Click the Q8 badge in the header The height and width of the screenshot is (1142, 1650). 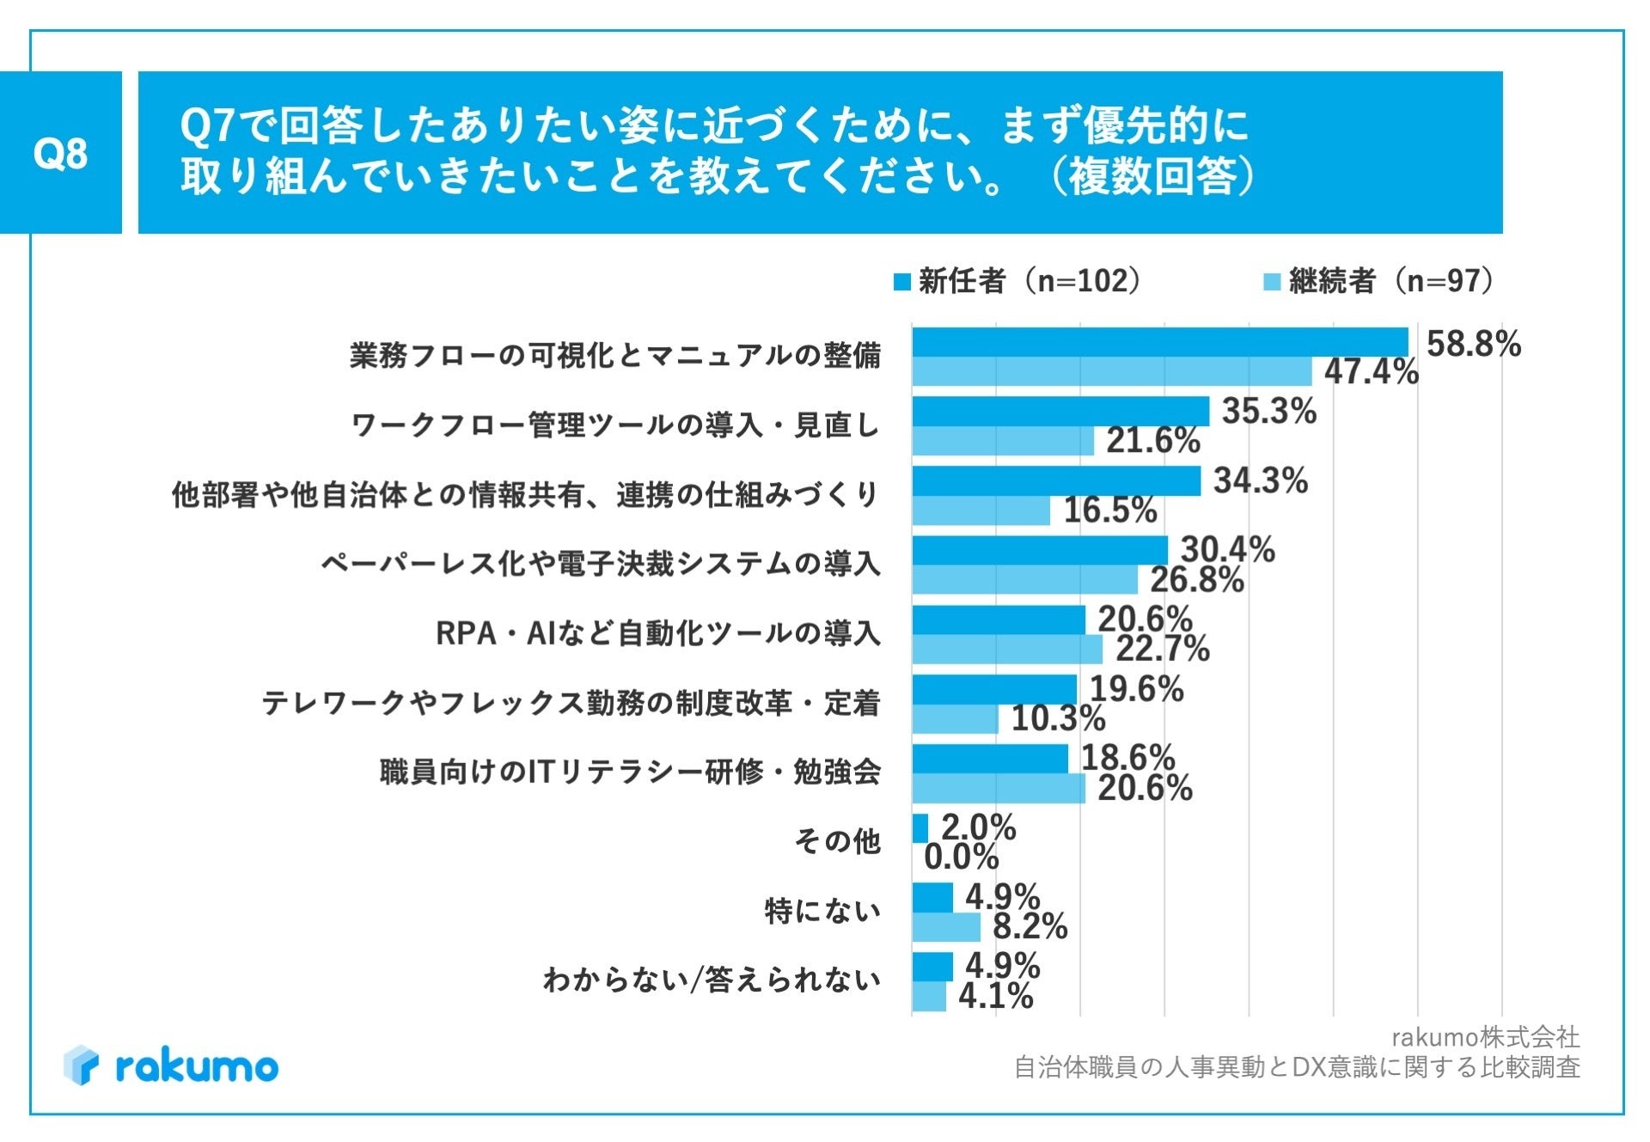click(x=60, y=153)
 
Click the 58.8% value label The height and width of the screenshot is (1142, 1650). click(x=1473, y=344)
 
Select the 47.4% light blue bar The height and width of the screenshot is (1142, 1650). click(x=1111, y=372)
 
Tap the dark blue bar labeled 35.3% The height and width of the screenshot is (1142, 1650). click(x=1060, y=412)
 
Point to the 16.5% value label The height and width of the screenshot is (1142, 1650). click(x=1110, y=510)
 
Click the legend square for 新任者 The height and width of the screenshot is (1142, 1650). click(x=901, y=282)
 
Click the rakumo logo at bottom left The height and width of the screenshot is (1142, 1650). click(x=171, y=1066)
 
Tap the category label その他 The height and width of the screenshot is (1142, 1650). click(x=837, y=841)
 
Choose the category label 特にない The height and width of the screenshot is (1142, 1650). click(x=822, y=910)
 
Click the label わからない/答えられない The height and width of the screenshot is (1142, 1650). click(x=712, y=980)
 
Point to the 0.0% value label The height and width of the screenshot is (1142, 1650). click(x=961, y=857)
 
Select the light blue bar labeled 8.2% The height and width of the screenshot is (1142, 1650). click(x=945, y=927)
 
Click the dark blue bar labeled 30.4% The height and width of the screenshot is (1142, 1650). click(x=1040, y=550)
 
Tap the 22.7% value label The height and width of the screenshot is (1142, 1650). click(x=1162, y=649)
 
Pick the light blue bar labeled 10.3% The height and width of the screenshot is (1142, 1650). click(x=955, y=719)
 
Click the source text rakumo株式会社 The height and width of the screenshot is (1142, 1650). click(x=1485, y=1037)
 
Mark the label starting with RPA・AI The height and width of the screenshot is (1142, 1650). click(x=658, y=633)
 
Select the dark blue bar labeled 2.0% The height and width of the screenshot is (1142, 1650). click(x=920, y=828)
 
